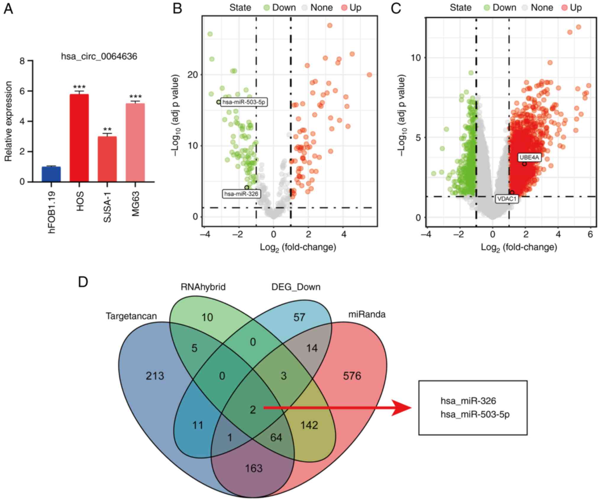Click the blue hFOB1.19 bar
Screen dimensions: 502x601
click(x=51, y=174)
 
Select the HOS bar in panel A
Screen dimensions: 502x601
click(x=79, y=138)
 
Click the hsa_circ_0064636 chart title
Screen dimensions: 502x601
click(x=99, y=56)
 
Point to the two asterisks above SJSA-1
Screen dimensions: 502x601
click(x=107, y=130)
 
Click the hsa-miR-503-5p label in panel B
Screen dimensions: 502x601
click(x=244, y=102)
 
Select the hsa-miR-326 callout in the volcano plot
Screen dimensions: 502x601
click(x=241, y=194)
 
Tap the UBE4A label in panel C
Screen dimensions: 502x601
click(x=529, y=157)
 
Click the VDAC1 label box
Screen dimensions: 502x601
click(x=507, y=199)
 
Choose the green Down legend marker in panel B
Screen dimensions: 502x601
click(x=267, y=8)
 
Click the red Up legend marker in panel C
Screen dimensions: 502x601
click(x=565, y=8)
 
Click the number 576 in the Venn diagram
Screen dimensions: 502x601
click(x=352, y=376)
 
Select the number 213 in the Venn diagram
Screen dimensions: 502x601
click(x=155, y=376)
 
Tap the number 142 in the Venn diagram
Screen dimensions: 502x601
click(x=309, y=425)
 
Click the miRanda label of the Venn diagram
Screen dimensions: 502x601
click(x=367, y=314)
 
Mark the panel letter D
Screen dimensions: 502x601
click(x=83, y=282)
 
